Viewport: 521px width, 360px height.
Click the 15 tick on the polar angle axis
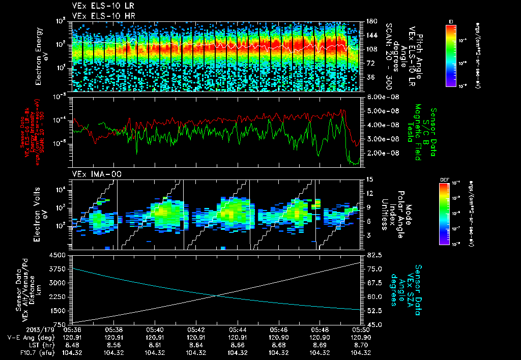[x=369, y=179]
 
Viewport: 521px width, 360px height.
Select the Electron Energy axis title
[x=41, y=56]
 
